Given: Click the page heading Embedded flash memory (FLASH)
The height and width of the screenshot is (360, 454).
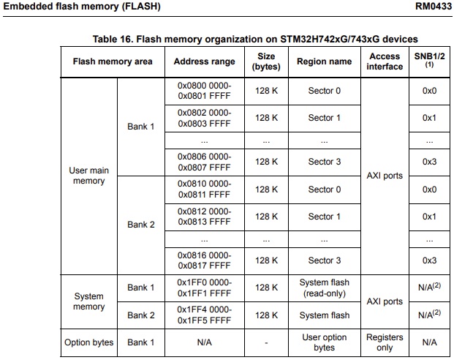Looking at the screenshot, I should [82, 7].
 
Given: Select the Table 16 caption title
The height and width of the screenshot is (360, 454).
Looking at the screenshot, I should [254, 38].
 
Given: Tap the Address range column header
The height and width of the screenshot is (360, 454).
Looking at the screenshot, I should [204, 61].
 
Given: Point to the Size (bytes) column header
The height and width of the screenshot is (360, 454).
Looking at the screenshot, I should [265, 61].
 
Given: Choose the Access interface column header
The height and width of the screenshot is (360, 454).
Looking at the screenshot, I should [385, 61].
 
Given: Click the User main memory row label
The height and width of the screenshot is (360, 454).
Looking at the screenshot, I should [88, 176].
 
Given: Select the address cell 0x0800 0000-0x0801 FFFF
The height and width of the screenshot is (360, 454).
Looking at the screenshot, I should [204, 91].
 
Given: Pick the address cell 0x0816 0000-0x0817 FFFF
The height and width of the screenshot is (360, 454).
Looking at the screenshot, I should [204, 260].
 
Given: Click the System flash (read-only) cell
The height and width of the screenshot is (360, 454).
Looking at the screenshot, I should [324, 288].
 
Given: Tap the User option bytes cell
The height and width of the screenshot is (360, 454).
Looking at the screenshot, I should [324, 342].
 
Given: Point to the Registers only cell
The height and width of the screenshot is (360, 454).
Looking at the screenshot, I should [385, 342].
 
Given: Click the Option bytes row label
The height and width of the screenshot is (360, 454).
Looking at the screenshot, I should [88, 342].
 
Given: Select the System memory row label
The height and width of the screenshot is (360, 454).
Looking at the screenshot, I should [88, 301].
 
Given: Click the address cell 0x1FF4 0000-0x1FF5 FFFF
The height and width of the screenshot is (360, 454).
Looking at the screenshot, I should [204, 315].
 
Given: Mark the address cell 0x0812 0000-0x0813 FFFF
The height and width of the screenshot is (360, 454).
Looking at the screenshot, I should [204, 217].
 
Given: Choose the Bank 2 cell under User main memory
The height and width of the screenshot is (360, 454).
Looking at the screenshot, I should [141, 225].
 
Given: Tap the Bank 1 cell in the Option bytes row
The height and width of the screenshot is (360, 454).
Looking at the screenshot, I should [141, 342].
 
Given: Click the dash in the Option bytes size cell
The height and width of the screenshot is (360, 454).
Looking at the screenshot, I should [265, 342].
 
